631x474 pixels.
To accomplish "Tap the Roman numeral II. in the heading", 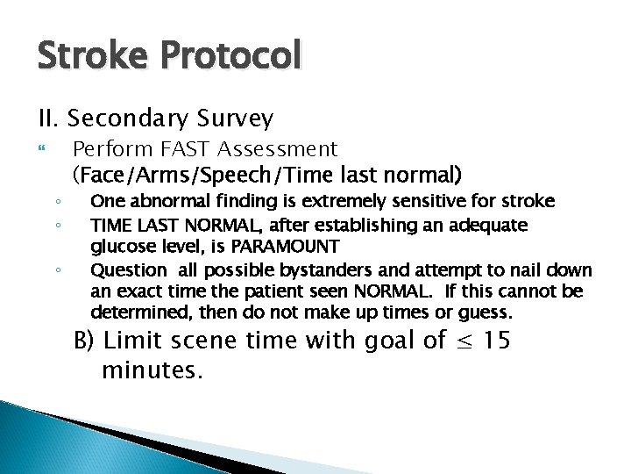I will pyautogui.click(x=48, y=117).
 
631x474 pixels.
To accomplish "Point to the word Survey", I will pyautogui.click(x=238, y=117).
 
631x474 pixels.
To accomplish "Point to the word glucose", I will pyautogui.click(x=120, y=246).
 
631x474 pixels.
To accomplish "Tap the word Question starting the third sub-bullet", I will pyautogui.click(x=124, y=269).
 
